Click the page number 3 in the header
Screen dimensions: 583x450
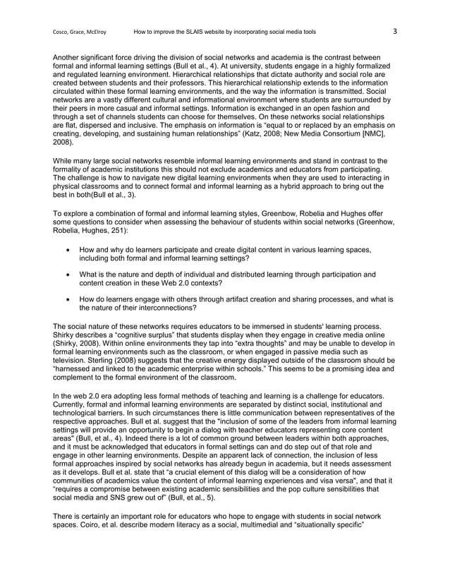[395, 31]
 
